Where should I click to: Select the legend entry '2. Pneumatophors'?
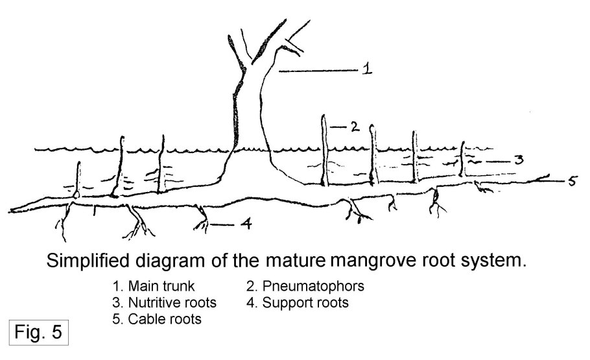tap(300, 286)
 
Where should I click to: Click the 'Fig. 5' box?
tap(38, 333)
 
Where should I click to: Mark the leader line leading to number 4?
tap(222, 225)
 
